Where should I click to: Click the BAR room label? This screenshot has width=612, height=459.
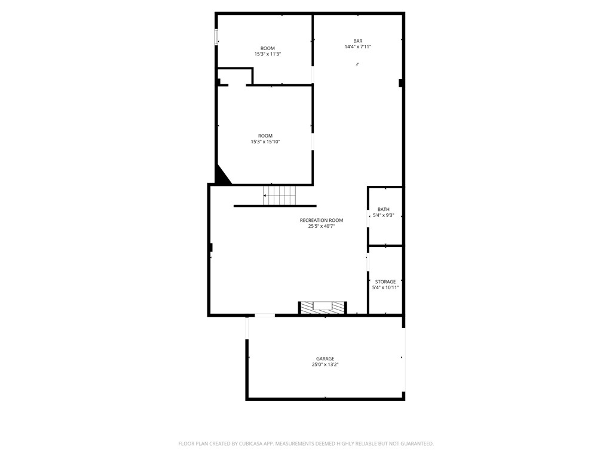pos(357,41)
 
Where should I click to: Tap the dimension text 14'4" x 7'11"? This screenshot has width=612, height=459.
pos(357,47)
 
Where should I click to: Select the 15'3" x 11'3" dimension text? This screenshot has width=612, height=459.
pos(267,54)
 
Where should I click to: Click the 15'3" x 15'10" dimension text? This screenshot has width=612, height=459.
pos(265,142)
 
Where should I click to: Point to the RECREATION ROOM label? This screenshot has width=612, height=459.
pos(322,220)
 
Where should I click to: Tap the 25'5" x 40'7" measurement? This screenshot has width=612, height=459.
pos(322,226)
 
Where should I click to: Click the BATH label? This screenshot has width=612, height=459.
pos(384,209)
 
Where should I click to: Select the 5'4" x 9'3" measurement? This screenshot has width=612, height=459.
pos(384,215)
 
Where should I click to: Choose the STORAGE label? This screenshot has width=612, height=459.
pos(385,281)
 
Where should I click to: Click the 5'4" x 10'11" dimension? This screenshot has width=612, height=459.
pos(385,287)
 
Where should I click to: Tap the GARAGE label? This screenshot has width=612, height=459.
pos(325,359)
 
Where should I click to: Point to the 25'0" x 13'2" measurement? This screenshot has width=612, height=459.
pos(325,365)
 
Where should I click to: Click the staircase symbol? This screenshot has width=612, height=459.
pos(280,194)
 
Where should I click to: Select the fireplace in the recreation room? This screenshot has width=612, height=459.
pos(323,307)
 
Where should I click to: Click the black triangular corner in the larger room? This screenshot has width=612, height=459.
pos(221,176)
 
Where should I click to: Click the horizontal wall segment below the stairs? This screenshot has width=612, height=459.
pos(275,206)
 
